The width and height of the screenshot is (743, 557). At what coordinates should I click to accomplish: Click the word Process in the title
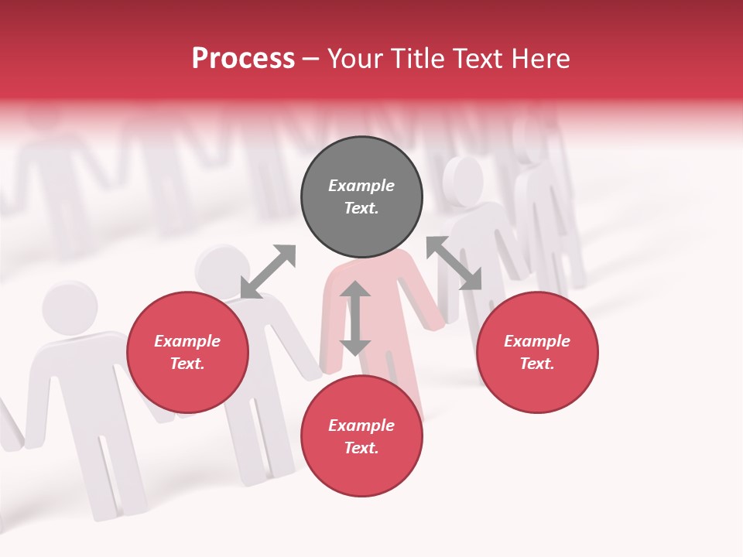(243, 59)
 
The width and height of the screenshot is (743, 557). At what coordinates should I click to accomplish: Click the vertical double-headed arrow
(355, 318)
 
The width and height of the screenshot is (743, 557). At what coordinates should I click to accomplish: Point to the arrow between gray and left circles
(268, 271)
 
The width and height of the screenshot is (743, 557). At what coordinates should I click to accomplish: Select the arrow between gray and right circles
(454, 263)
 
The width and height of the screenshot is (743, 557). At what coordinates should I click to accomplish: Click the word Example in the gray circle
(361, 186)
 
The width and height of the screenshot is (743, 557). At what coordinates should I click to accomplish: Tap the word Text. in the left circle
(187, 364)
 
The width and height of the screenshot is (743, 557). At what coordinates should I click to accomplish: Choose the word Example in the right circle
(537, 341)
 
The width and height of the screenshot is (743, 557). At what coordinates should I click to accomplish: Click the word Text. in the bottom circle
(361, 448)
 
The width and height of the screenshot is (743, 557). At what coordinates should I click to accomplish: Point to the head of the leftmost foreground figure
(70, 306)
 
